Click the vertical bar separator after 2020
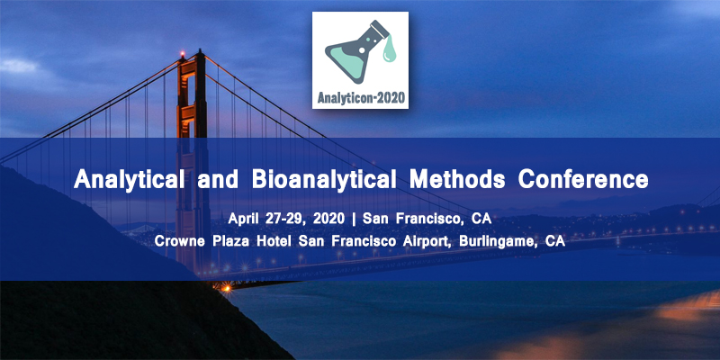point(355,220)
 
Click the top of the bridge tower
point(191,56)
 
